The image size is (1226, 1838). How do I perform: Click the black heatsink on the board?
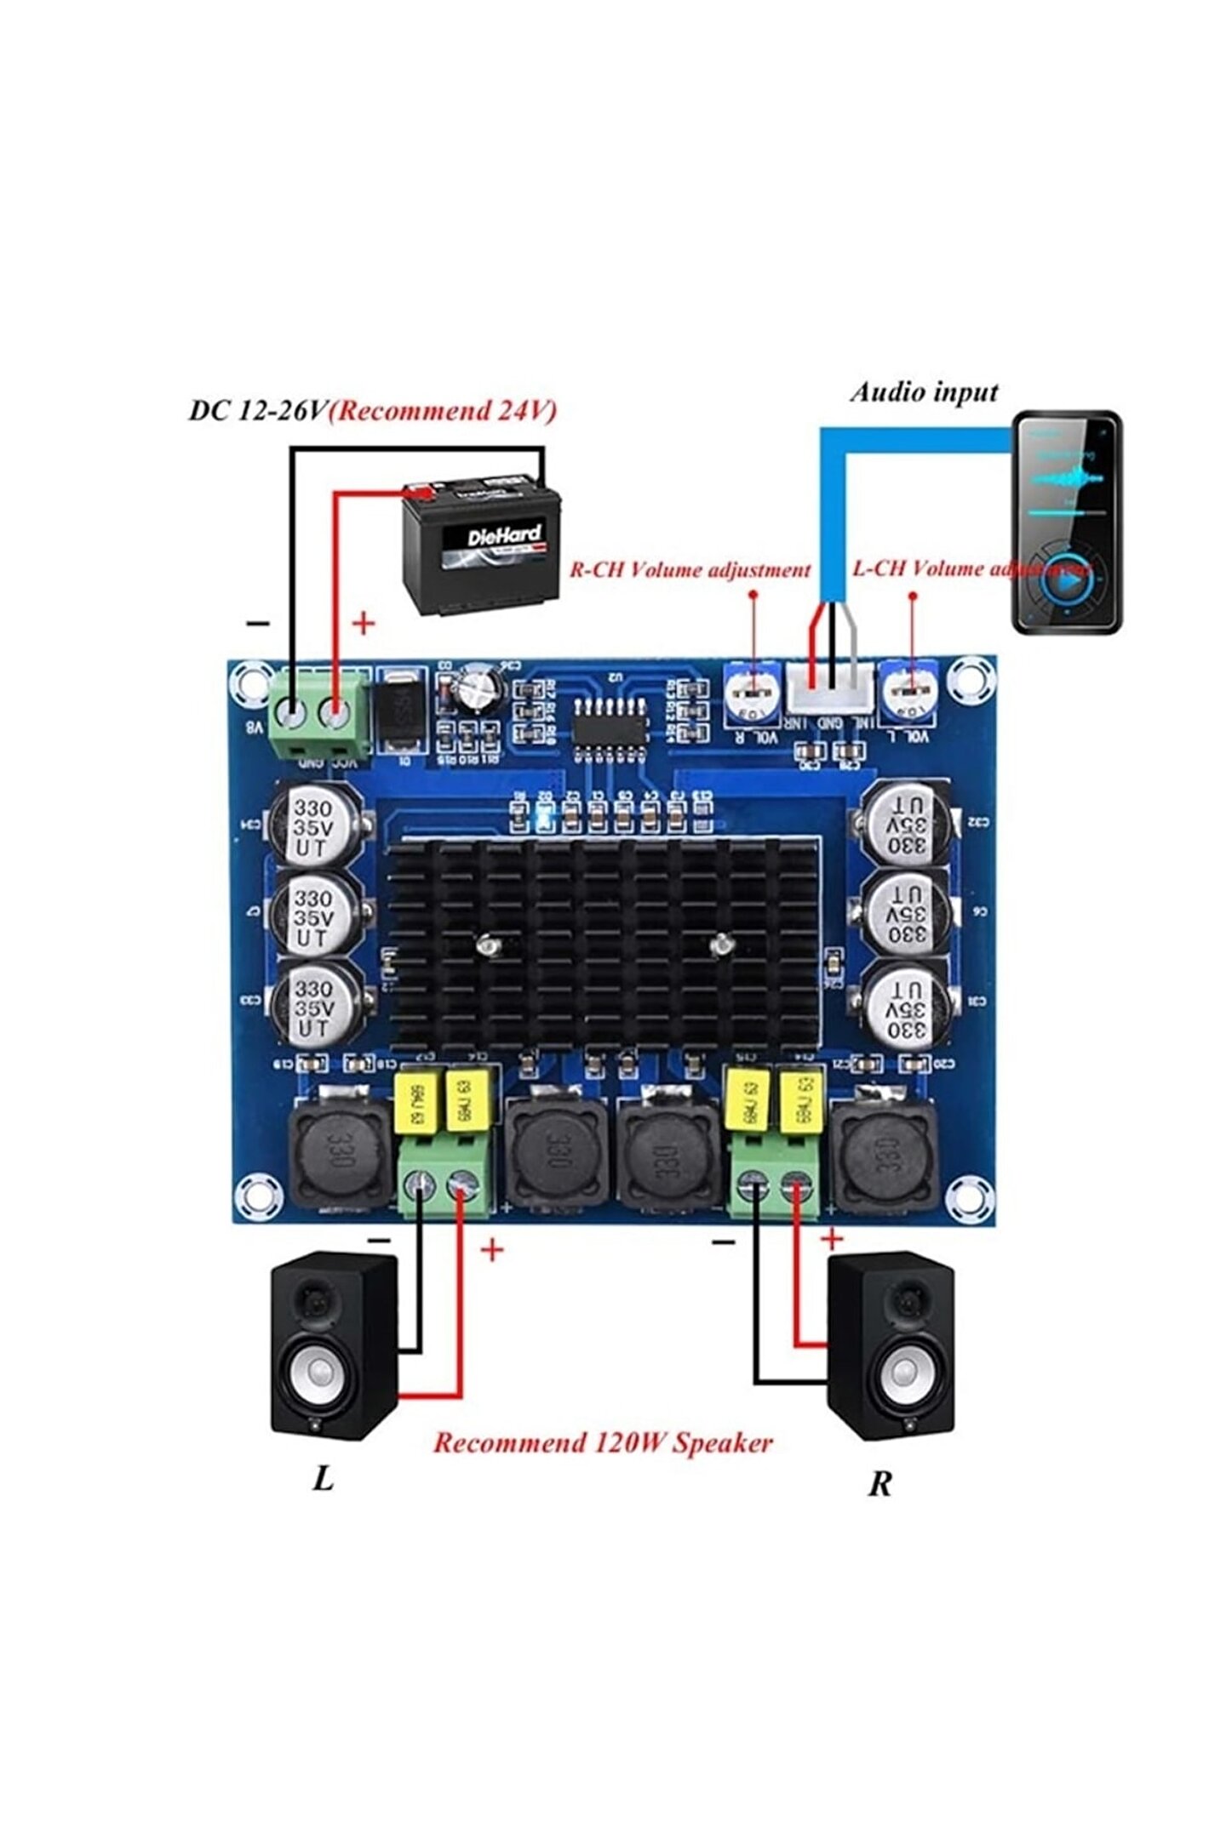(604, 945)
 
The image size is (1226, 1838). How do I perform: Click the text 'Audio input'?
(924, 392)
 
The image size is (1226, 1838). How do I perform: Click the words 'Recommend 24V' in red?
(443, 411)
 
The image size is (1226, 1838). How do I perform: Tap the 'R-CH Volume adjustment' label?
(690, 569)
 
